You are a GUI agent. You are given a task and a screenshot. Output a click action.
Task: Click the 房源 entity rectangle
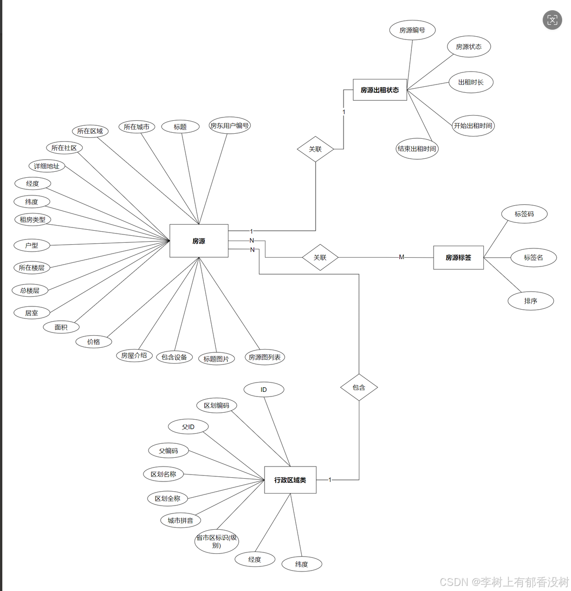tap(199, 241)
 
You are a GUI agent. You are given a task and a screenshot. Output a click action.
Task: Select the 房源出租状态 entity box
tap(380, 90)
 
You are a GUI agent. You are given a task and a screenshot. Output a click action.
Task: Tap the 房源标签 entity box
tap(458, 258)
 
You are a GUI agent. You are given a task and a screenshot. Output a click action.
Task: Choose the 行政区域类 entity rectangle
tap(290, 480)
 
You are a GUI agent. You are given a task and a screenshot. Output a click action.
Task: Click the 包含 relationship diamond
tap(359, 387)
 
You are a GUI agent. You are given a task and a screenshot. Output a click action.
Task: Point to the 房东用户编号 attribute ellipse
tap(229, 125)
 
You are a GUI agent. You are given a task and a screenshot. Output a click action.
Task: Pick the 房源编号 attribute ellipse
tap(412, 30)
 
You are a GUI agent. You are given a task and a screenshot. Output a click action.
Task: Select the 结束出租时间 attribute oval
tap(417, 149)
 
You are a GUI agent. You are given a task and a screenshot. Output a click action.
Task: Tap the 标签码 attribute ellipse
tap(524, 214)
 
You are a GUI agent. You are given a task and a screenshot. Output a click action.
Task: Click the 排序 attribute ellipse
tap(531, 301)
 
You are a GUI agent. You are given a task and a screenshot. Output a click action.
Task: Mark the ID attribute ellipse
tap(264, 390)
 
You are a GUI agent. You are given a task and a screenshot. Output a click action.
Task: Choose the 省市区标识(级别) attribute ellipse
tap(216, 541)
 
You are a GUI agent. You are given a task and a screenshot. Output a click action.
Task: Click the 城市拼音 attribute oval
tap(180, 520)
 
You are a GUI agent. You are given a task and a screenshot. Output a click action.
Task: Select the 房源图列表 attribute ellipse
tap(265, 357)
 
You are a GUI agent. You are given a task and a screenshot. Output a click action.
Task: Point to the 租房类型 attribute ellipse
tap(32, 220)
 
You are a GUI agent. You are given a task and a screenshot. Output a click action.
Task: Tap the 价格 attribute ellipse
tap(94, 342)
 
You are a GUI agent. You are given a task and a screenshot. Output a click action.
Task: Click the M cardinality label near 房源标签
tap(402, 257)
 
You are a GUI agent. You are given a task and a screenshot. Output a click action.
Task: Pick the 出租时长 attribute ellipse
tap(471, 82)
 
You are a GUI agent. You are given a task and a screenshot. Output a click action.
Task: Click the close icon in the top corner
tap(552, 20)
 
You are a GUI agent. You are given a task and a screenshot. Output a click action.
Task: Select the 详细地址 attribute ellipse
tap(46, 166)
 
